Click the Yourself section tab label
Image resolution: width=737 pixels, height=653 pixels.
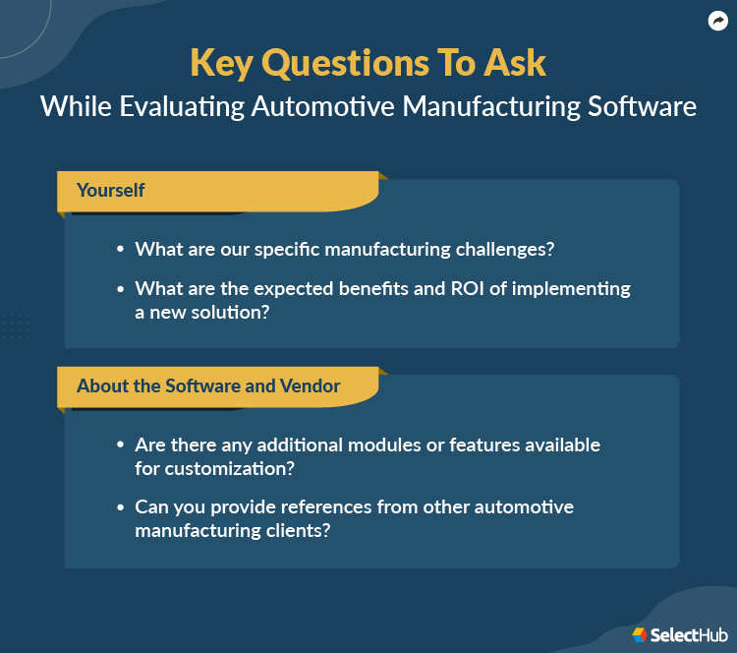[110, 190]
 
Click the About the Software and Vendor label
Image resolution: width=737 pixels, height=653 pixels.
[208, 386]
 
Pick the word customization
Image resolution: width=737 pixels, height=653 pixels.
[214, 468]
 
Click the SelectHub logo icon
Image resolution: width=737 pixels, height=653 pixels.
[640, 635]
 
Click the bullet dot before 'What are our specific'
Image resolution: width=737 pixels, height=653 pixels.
[121, 250]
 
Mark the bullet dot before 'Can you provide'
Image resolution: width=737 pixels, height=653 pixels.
[121, 507]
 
